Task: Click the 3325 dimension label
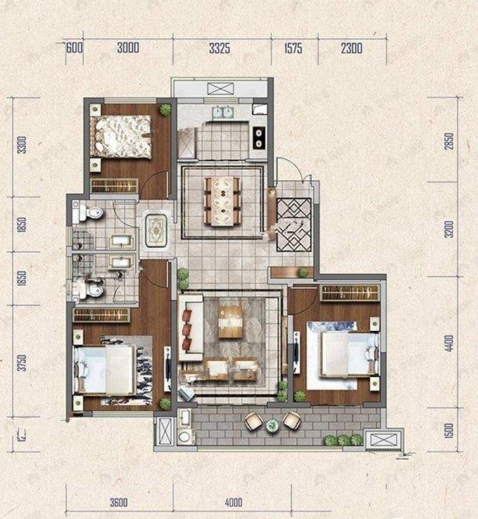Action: (x=219, y=49)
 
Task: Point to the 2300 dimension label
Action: (x=351, y=49)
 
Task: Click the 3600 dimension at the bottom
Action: (x=119, y=503)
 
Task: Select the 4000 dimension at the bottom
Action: (x=234, y=503)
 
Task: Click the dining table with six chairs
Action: (x=222, y=200)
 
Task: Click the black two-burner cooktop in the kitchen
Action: (x=259, y=137)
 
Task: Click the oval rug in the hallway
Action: (x=157, y=231)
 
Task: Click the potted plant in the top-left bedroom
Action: (x=165, y=110)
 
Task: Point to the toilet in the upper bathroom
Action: (x=91, y=214)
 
